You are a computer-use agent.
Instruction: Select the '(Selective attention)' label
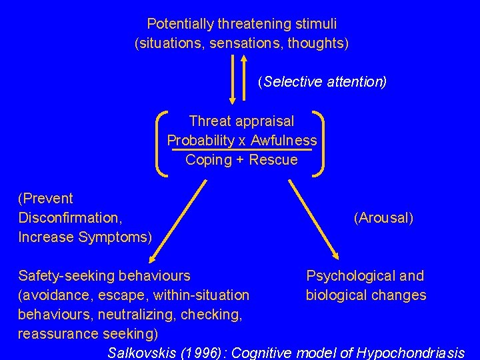[322, 82]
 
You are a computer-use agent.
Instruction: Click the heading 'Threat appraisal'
[241, 121]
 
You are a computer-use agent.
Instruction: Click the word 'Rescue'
[273, 160]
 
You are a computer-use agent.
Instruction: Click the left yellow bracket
[161, 143]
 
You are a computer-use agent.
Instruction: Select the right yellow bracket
[321, 143]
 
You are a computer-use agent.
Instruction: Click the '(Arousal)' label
[384, 218]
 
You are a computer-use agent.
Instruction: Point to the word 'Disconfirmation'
[69, 217]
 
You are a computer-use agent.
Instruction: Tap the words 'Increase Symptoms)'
[85, 237]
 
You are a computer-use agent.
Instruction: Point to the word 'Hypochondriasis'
[411, 353]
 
